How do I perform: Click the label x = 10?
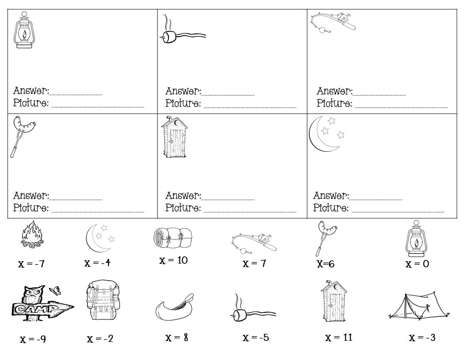click(x=173, y=260)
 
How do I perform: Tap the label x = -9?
click(x=32, y=340)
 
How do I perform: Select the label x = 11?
click(x=338, y=338)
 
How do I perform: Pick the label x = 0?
click(x=417, y=264)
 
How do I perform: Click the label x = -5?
click(x=256, y=338)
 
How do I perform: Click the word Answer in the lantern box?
click(x=30, y=91)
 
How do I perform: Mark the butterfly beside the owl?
click(x=55, y=289)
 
